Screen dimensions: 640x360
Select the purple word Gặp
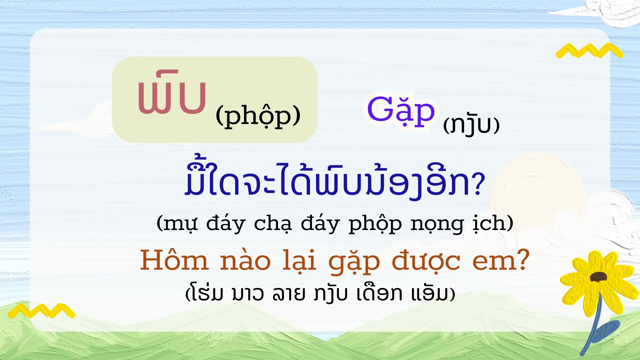pos(401,110)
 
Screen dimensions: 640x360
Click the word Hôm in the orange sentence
pos(174,260)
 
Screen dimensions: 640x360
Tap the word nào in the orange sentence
pos(245,261)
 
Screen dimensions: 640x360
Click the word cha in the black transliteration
pos(273,224)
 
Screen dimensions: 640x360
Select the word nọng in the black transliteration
pos(437,225)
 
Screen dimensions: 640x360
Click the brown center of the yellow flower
pos(598,277)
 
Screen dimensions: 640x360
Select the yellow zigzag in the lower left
pos(42,311)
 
